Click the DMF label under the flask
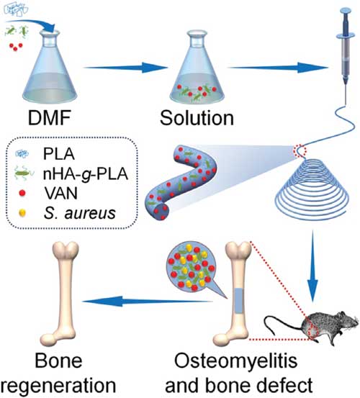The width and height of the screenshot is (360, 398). coord(49,118)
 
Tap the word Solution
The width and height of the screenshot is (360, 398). coord(197,118)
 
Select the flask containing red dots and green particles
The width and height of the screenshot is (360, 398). coord(197,66)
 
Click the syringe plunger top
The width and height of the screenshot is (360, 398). coord(346,10)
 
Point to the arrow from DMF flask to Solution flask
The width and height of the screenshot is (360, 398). coord(126,68)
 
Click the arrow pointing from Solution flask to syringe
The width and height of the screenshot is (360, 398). coord(278,68)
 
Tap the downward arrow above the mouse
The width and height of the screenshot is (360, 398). coord(312,266)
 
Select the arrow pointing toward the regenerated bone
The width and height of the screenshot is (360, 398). coord(148,302)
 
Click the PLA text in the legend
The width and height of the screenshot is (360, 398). coord(59,154)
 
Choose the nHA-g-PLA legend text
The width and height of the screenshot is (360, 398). coord(86,174)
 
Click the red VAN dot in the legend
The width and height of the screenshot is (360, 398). coord(22,193)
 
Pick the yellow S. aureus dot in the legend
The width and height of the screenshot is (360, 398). coord(22,213)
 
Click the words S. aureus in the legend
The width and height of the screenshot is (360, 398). coord(80,213)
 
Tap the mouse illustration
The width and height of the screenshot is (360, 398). coord(312,328)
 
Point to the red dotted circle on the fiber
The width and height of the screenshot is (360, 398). coord(300,150)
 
